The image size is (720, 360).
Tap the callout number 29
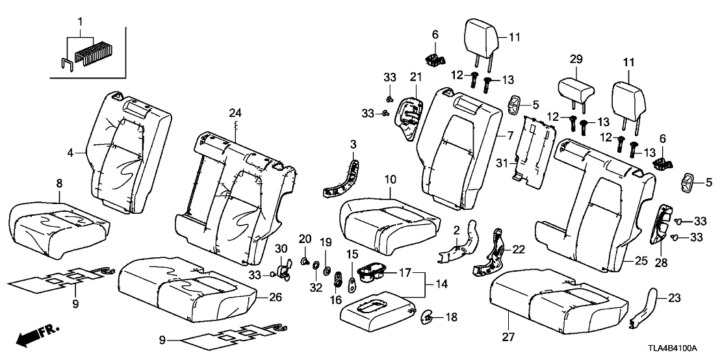coord(574,60)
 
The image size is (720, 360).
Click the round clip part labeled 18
coord(428,316)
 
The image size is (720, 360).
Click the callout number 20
coord(305,240)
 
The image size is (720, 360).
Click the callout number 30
coord(281,250)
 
